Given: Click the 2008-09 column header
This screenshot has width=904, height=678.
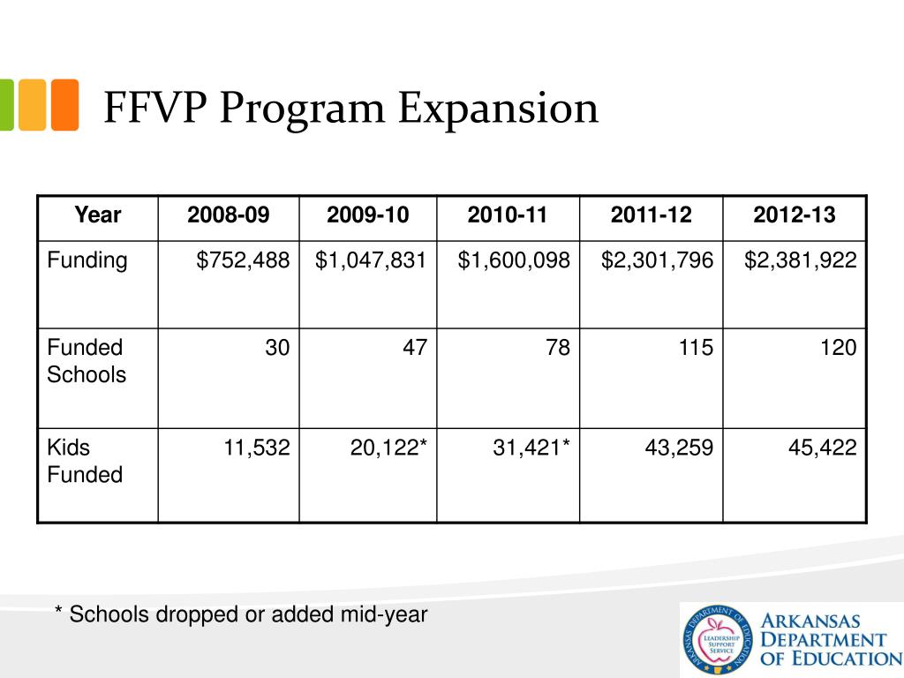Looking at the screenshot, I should coord(229,215).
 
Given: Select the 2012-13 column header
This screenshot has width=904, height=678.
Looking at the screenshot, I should coord(794,215).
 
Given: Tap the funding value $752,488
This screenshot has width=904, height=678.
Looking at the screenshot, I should coord(243,260).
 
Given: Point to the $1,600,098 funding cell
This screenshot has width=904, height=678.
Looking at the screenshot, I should coord(514,260).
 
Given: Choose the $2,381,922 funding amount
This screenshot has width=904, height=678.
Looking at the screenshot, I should coord(800,260).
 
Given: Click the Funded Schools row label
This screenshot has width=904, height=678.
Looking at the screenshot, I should coord(87,361).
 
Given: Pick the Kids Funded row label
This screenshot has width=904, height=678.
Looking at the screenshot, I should coord(84,461).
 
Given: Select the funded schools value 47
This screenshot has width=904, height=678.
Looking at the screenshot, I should coord(415,348).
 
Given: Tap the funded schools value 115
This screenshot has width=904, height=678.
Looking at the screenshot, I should coord(697,348).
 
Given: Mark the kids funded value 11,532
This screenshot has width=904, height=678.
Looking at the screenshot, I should coord(257,448).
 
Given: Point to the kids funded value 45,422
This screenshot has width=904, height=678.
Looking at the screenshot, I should coord(822,448).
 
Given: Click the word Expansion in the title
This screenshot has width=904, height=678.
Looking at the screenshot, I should coord(498,109).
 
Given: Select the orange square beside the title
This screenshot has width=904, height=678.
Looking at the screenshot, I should coord(64,105).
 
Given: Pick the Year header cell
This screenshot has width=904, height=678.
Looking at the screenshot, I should coord(98,215).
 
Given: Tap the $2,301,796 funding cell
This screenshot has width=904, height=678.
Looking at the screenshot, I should coord(658,260).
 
